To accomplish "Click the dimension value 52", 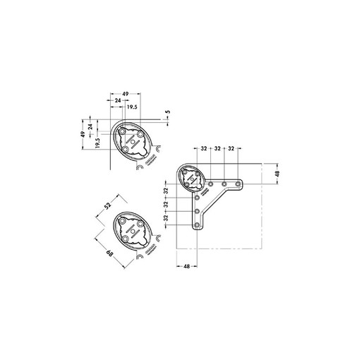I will pyautogui.click(x=108, y=205).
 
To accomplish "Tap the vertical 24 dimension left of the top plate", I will pyautogui.click(x=90, y=128).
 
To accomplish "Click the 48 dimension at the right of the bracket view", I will pyautogui.click(x=277, y=174).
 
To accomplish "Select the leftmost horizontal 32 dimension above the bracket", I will pyautogui.click(x=203, y=149).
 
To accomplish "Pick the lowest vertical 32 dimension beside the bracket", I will pyautogui.click(x=166, y=218).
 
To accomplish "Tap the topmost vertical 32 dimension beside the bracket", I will pyautogui.click(x=166, y=191).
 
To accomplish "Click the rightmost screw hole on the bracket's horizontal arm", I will pyautogui.click(x=240, y=184).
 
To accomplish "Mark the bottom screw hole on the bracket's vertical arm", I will pyautogui.click(x=197, y=225).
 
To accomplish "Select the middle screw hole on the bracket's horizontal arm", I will pyautogui.click(x=224, y=184).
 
